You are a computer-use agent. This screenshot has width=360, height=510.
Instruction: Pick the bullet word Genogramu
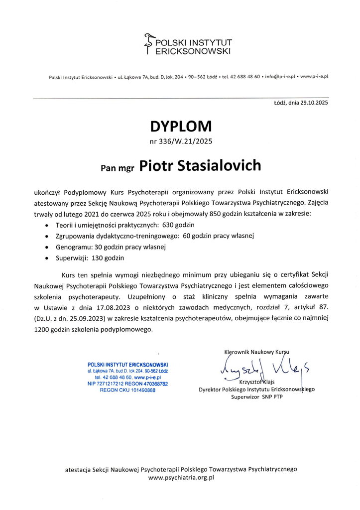pos(69,247)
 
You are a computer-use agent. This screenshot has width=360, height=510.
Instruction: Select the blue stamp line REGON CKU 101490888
pos(127,390)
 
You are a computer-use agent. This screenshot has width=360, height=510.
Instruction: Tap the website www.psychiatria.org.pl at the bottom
pos(181,477)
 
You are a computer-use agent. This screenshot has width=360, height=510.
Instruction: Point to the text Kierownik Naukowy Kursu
pos(257,352)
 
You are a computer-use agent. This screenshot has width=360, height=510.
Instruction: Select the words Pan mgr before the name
pos(118,168)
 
